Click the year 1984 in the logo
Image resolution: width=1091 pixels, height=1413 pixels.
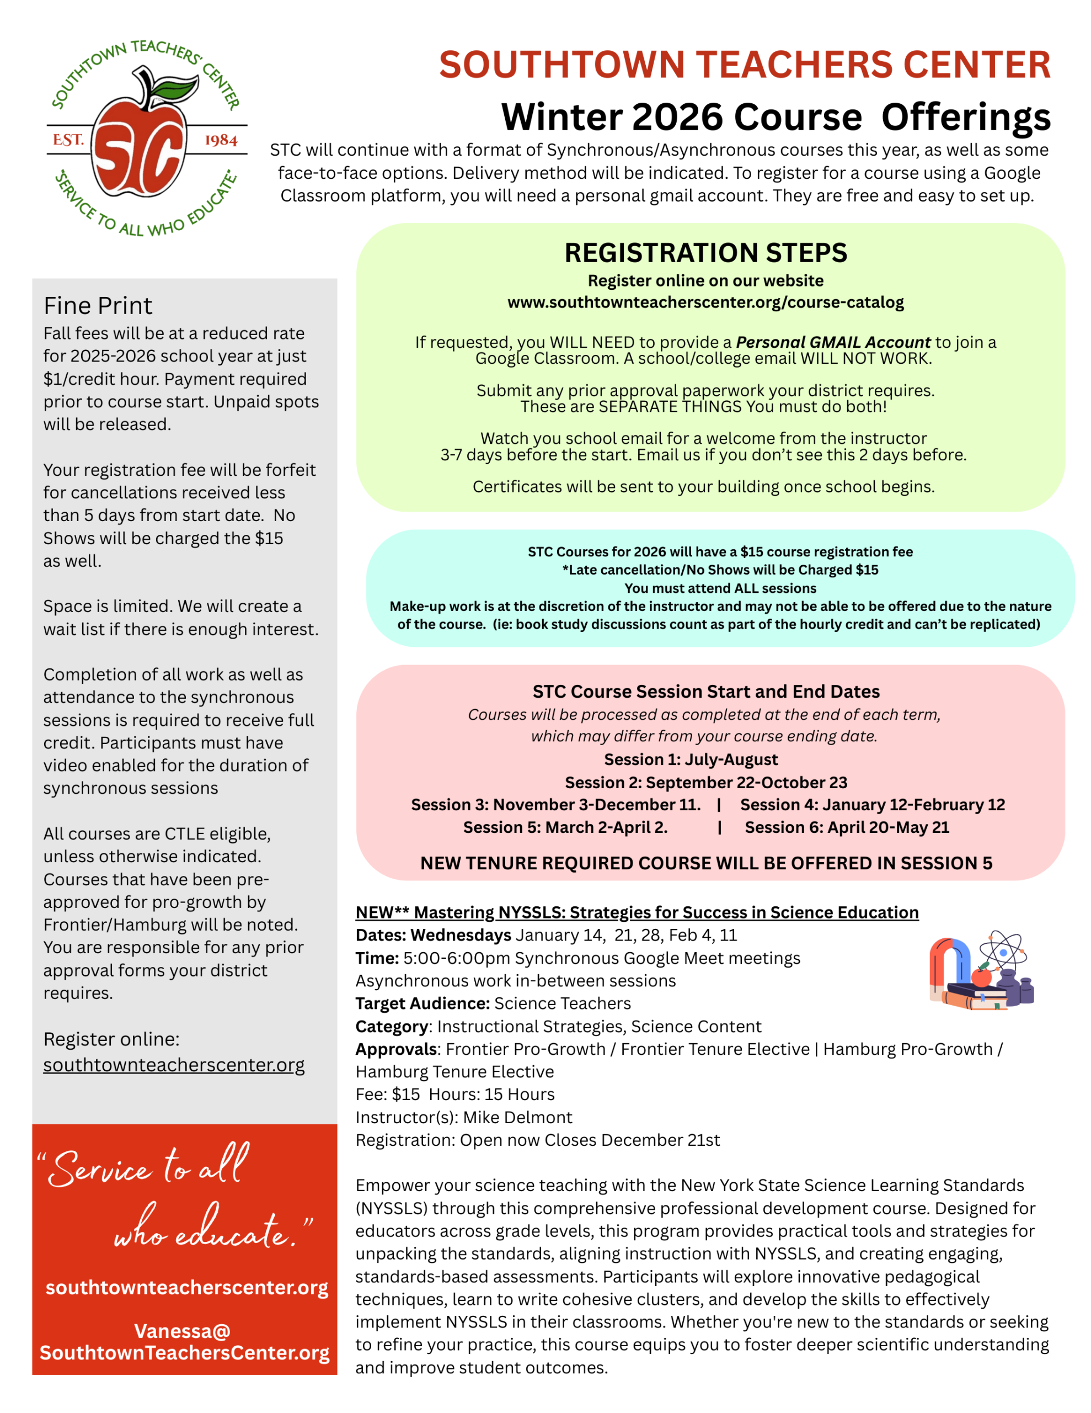(x=221, y=140)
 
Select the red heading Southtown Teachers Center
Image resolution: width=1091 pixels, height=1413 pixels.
(x=745, y=65)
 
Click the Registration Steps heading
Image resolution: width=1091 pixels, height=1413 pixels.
(x=705, y=252)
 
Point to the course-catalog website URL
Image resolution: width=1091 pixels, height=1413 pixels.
(x=705, y=302)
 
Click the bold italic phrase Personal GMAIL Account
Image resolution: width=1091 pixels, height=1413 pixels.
(x=832, y=342)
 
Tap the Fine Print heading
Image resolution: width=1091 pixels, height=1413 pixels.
(x=98, y=305)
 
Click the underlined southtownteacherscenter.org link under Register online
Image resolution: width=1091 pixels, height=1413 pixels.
(x=173, y=1064)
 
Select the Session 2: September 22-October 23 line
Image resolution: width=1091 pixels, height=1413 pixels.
(x=705, y=782)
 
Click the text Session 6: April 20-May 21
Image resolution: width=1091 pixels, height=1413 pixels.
(x=847, y=827)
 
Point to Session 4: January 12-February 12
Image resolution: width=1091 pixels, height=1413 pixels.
(x=873, y=804)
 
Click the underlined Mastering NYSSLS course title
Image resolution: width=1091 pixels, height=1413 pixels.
(x=637, y=912)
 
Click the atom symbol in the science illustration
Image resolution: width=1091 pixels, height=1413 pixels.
(x=1002, y=951)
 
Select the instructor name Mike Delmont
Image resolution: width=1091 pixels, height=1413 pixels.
(x=517, y=1117)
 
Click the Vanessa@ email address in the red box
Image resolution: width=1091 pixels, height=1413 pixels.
(x=184, y=1341)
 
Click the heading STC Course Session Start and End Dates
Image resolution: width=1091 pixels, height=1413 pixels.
(x=705, y=692)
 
